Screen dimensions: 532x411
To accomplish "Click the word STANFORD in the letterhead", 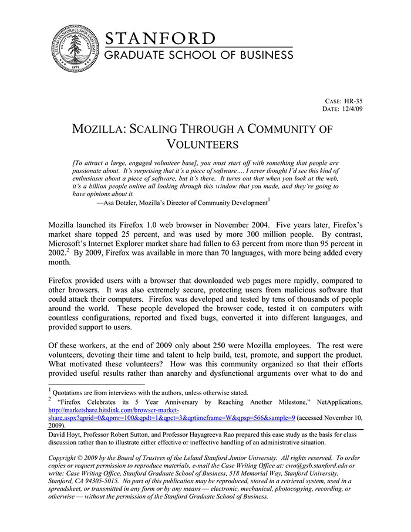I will [x=160, y=39].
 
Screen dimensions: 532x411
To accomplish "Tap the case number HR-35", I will [x=352, y=101].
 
